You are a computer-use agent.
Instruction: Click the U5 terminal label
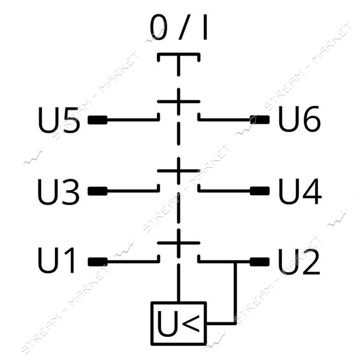pos(59,120)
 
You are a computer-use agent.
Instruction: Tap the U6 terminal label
pos(299,119)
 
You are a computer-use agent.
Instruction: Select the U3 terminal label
pos(58,191)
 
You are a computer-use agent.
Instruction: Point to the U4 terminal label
pos(300,191)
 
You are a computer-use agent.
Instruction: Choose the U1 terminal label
pos(56,260)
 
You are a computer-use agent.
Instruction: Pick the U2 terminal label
pos(299,262)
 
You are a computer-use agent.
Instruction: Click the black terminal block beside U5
pos(97,120)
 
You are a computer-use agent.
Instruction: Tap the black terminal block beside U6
pos(260,120)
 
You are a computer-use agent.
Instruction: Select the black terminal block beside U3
pos(97,191)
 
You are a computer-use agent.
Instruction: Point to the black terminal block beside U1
pos(97,262)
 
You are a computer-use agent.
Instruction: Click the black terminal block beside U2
pos(260,262)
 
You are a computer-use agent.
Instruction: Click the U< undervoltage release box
pos(179,323)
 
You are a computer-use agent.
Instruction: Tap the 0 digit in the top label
pos(159,27)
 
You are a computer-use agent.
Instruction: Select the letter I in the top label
pos(205,27)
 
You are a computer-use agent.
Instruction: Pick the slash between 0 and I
pos(184,27)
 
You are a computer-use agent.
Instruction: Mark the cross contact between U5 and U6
pos(179,101)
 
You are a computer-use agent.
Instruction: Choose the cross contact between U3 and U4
pos(179,171)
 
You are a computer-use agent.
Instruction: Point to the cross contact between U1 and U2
pos(179,242)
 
